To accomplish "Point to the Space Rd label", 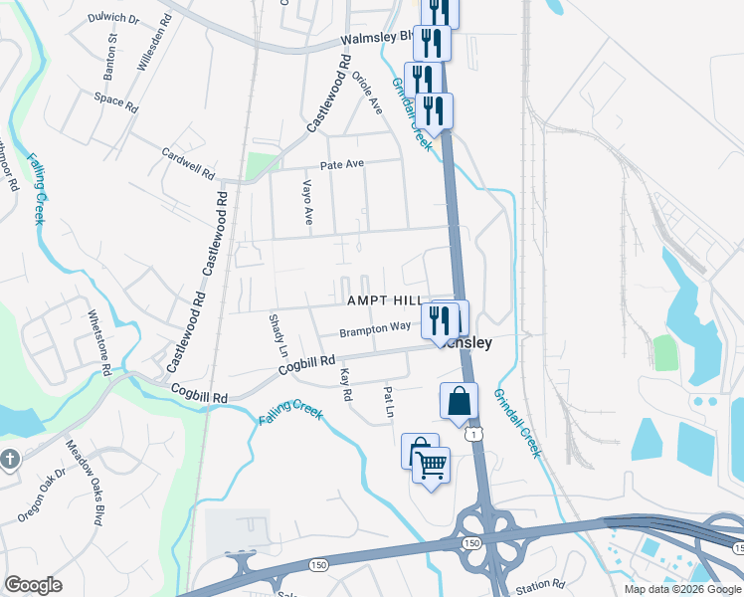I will pos(115,100).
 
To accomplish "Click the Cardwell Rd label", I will pos(188,163).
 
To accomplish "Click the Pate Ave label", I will pos(341,164).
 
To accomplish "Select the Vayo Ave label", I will pos(308,202).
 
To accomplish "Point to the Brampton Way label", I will pos(375,327).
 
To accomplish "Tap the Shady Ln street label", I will pos(279,336).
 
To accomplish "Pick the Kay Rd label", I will pos(346,385).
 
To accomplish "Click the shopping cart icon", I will pos(431,465).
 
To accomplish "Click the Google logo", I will pos(33,585).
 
